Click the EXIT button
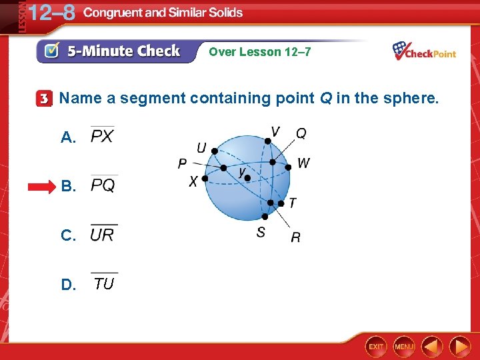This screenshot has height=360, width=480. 377,346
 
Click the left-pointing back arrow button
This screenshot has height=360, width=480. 432,346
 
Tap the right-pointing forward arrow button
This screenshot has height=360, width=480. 460,346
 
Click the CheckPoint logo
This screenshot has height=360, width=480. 424,51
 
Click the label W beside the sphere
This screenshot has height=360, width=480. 303,163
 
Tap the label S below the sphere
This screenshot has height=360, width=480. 261,232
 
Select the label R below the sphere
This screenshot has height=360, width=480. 295,237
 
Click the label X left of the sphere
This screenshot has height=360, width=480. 193,181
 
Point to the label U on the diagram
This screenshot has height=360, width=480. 201,147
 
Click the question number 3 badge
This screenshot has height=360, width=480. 44,99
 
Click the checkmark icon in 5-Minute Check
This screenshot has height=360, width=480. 51,51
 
